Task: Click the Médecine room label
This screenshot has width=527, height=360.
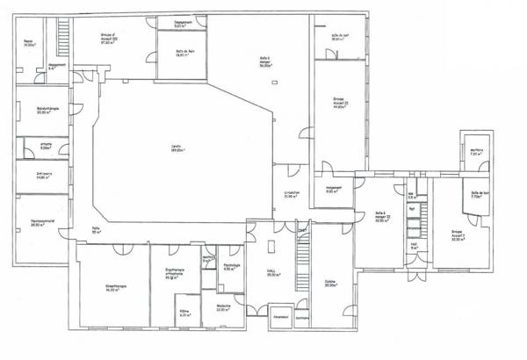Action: [223, 307]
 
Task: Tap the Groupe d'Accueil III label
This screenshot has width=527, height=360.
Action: [109, 40]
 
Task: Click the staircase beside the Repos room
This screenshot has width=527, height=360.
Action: [63, 34]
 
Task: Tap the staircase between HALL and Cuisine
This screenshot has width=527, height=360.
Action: [302, 254]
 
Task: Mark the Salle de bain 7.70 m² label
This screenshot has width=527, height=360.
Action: [479, 196]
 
